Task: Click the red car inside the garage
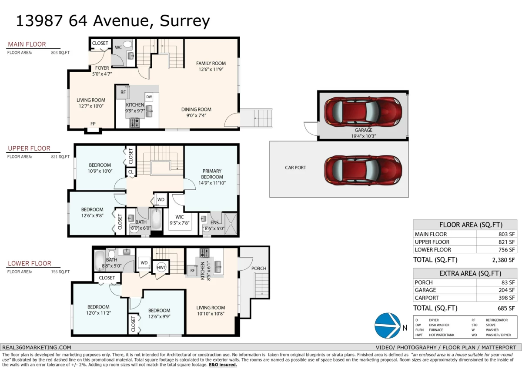click(x=363, y=112)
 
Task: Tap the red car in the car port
click(x=363, y=170)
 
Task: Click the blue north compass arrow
click(x=388, y=325)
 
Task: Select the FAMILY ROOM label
click(x=211, y=63)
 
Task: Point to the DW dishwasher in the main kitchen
click(x=149, y=97)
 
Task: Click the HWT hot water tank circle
click(x=161, y=267)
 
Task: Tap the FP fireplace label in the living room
click(x=93, y=124)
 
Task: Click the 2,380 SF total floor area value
click(x=503, y=260)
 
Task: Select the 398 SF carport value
click(x=506, y=298)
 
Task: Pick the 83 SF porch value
click(x=508, y=282)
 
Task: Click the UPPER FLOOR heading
click(x=29, y=148)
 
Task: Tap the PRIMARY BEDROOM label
click(x=212, y=174)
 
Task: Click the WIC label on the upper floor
click(x=179, y=217)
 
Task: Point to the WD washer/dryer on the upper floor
click(x=161, y=200)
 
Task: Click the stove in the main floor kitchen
click(x=135, y=123)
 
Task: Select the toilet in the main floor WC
click(x=127, y=44)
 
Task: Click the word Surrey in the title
click(x=185, y=21)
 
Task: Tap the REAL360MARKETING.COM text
click(x=37, y=348)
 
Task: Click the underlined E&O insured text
click(x=223, y=365)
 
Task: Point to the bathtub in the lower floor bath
click(x=100, y=261)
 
